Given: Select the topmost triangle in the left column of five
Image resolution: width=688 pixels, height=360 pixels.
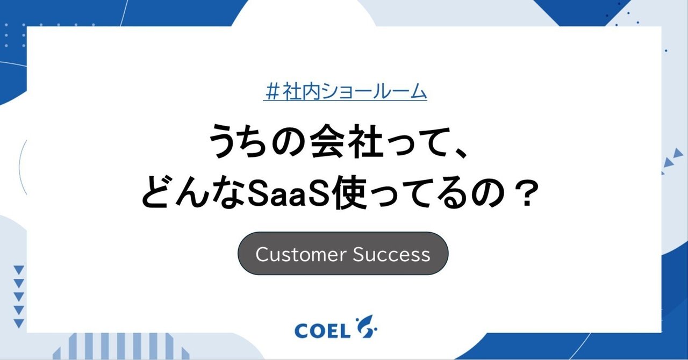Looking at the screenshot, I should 19,270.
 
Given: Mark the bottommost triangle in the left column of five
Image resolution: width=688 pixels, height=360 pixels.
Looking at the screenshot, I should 19,323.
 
